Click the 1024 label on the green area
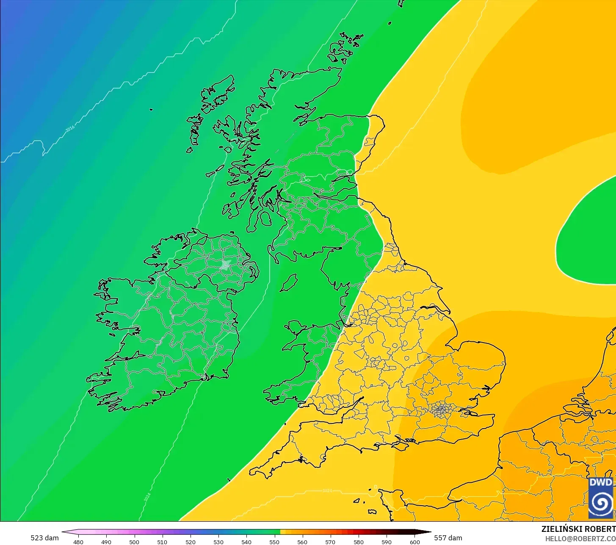(x=147, y=497)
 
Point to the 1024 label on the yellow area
(x=327, y=491)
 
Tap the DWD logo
(x=600, y=498)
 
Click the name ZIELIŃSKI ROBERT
(x=578, y=529)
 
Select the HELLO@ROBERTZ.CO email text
(x=580, y=539)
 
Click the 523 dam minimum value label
(x=44, y=538)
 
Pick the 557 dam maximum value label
(x=448, y=538)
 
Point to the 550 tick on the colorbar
(x=274, y=542)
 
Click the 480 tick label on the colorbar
(x=78, y=542)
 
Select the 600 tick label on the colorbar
(x=415, y=542)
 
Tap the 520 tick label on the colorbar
(x=191, y=542)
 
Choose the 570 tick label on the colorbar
(x=331, y=542)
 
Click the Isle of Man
(x=289, y=282)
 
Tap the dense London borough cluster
(x=441, y=409)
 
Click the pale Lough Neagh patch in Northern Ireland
(x=225, y=266)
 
